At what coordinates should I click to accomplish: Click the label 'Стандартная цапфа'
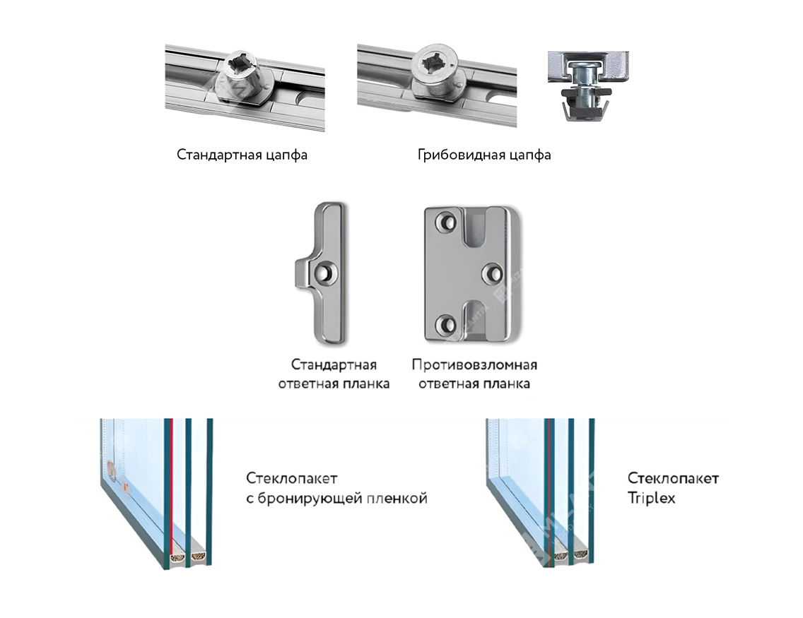click(x=242, y=155)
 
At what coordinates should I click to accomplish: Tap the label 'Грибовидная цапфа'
click(x=484, y=155)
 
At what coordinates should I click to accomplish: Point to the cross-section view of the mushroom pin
click(x=588, y=86)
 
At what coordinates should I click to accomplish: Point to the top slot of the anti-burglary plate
click(x=476, y=227)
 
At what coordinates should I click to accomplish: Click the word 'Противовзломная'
click(x=474, y=364)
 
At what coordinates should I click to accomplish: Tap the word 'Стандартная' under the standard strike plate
click(x=334, y=364)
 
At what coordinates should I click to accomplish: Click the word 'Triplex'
click(x=651, y=499)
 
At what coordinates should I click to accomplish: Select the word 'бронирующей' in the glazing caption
click(x=312, y=499)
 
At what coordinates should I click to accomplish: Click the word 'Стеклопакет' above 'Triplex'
click(x=673, y=478)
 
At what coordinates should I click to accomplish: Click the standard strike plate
click(x=321, y=273)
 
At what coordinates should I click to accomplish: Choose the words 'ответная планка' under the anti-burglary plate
click(x=474, y=384)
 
